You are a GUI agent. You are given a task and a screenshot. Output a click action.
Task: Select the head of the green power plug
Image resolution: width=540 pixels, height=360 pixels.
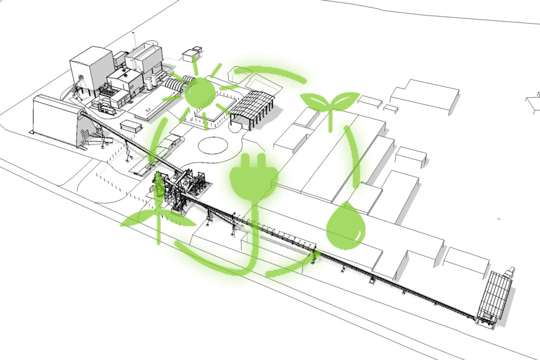tap(253, 177)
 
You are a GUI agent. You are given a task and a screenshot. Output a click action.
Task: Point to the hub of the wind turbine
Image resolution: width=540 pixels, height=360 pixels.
tap(158, 216)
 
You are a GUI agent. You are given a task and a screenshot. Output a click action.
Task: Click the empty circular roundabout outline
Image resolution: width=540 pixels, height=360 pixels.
tap(213, 146)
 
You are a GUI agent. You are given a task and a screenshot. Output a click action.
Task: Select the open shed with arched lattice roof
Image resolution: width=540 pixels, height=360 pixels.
tap(251, 105)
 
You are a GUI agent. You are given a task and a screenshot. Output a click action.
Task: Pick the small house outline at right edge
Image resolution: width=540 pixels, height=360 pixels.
tap(533, 103)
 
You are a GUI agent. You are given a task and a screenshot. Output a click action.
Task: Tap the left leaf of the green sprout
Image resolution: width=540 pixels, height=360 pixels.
tap(314, 100)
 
